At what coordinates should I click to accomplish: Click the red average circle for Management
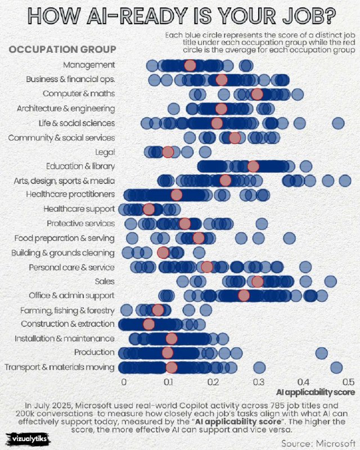coord(191,65)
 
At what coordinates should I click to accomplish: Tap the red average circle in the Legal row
coord(168,151)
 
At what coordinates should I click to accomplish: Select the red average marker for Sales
coord(258,281)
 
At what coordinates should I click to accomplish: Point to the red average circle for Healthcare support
coord(148,209)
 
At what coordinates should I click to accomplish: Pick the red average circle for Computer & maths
coord(257,94)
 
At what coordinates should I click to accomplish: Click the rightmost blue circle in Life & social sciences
coord(338,123)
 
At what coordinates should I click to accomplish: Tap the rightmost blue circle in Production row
coord(321,353)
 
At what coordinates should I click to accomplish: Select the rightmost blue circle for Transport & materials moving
coord(336,368)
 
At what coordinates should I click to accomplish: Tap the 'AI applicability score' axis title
coord(316,391)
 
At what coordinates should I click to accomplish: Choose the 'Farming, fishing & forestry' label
coord(67,310)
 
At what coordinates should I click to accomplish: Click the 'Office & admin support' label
coord(71,295)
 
